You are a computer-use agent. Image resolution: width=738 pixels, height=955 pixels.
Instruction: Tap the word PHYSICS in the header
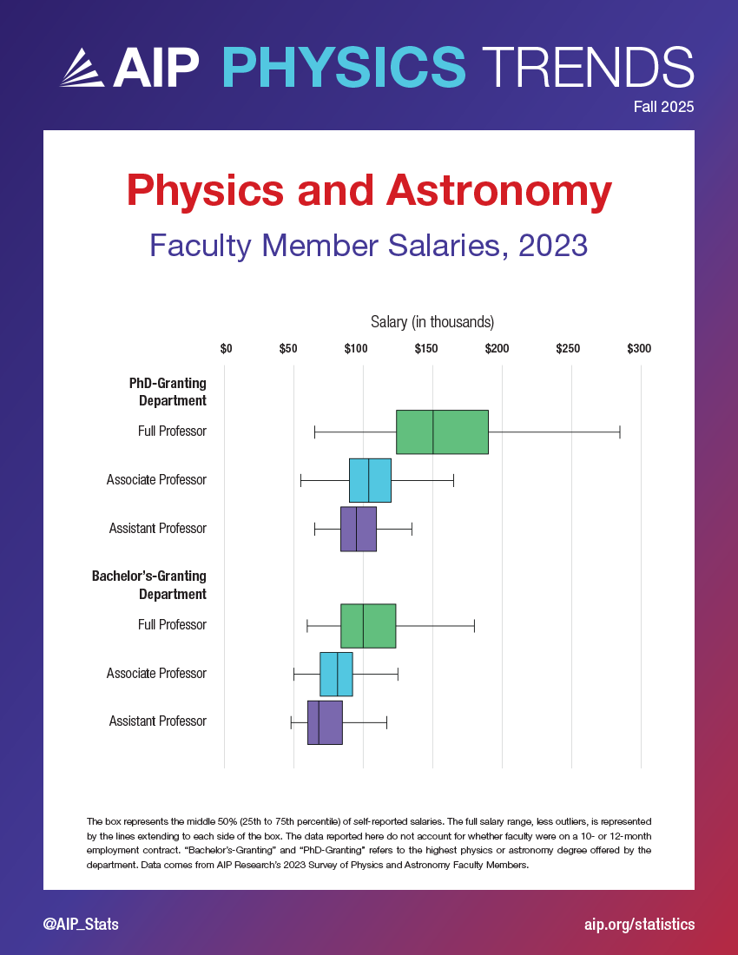[345, 66]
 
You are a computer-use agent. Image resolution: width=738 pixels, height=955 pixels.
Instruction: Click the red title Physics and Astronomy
[369, 190]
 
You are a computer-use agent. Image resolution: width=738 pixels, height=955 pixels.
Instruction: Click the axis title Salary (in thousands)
[432, 322]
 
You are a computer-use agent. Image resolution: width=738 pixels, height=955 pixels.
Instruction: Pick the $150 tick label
[426, 349]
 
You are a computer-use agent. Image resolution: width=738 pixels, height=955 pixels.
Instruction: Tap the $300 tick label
[638, 349]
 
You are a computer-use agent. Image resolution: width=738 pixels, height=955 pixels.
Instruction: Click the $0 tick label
[226, 349]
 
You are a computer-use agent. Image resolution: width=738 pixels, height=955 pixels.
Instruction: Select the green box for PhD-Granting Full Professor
[442, 431]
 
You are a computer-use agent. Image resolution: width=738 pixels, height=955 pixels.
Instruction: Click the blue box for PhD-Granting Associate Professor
[370, 480]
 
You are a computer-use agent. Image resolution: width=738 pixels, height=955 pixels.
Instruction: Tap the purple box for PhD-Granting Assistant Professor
[359, 529]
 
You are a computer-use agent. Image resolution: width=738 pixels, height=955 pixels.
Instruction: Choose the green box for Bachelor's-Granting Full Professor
[368, 625]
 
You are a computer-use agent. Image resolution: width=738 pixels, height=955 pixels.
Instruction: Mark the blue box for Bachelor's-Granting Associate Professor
[336, 674]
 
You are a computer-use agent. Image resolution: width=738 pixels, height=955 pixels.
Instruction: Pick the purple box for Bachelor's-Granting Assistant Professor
[325, 722]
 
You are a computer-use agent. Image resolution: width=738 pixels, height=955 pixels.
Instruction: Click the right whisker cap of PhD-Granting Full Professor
[620, 431]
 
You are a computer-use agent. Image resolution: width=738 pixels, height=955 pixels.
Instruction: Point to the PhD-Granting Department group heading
[168, 391]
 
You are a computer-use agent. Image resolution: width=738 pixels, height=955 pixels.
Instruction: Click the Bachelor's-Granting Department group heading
[149, 584]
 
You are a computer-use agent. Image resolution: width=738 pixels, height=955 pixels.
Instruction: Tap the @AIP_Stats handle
[81, 924]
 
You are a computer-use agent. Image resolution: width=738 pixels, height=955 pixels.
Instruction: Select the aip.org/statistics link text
[640, 924]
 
